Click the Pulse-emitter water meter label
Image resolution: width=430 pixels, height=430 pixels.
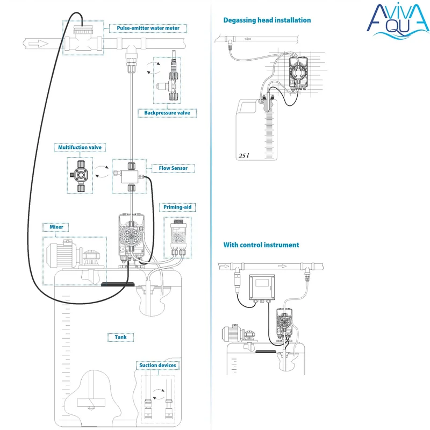[x=148, y=28]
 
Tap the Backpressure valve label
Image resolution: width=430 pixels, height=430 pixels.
[x=167, y=113]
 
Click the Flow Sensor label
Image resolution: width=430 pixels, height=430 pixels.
[x=173, y=168]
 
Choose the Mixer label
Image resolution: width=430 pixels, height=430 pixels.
[x=56, y=227]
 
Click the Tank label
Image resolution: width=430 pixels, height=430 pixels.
[x=120, y=338]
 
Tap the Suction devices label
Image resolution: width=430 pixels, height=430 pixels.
[x=157, y=365]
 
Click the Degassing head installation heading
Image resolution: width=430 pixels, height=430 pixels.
[x=267, y=20]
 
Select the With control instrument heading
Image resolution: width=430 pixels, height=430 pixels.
[x=261, y=245]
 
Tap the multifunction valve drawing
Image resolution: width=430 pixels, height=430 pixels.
[x=80, y=175]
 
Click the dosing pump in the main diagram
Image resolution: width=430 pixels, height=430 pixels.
[x=131, y=236]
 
